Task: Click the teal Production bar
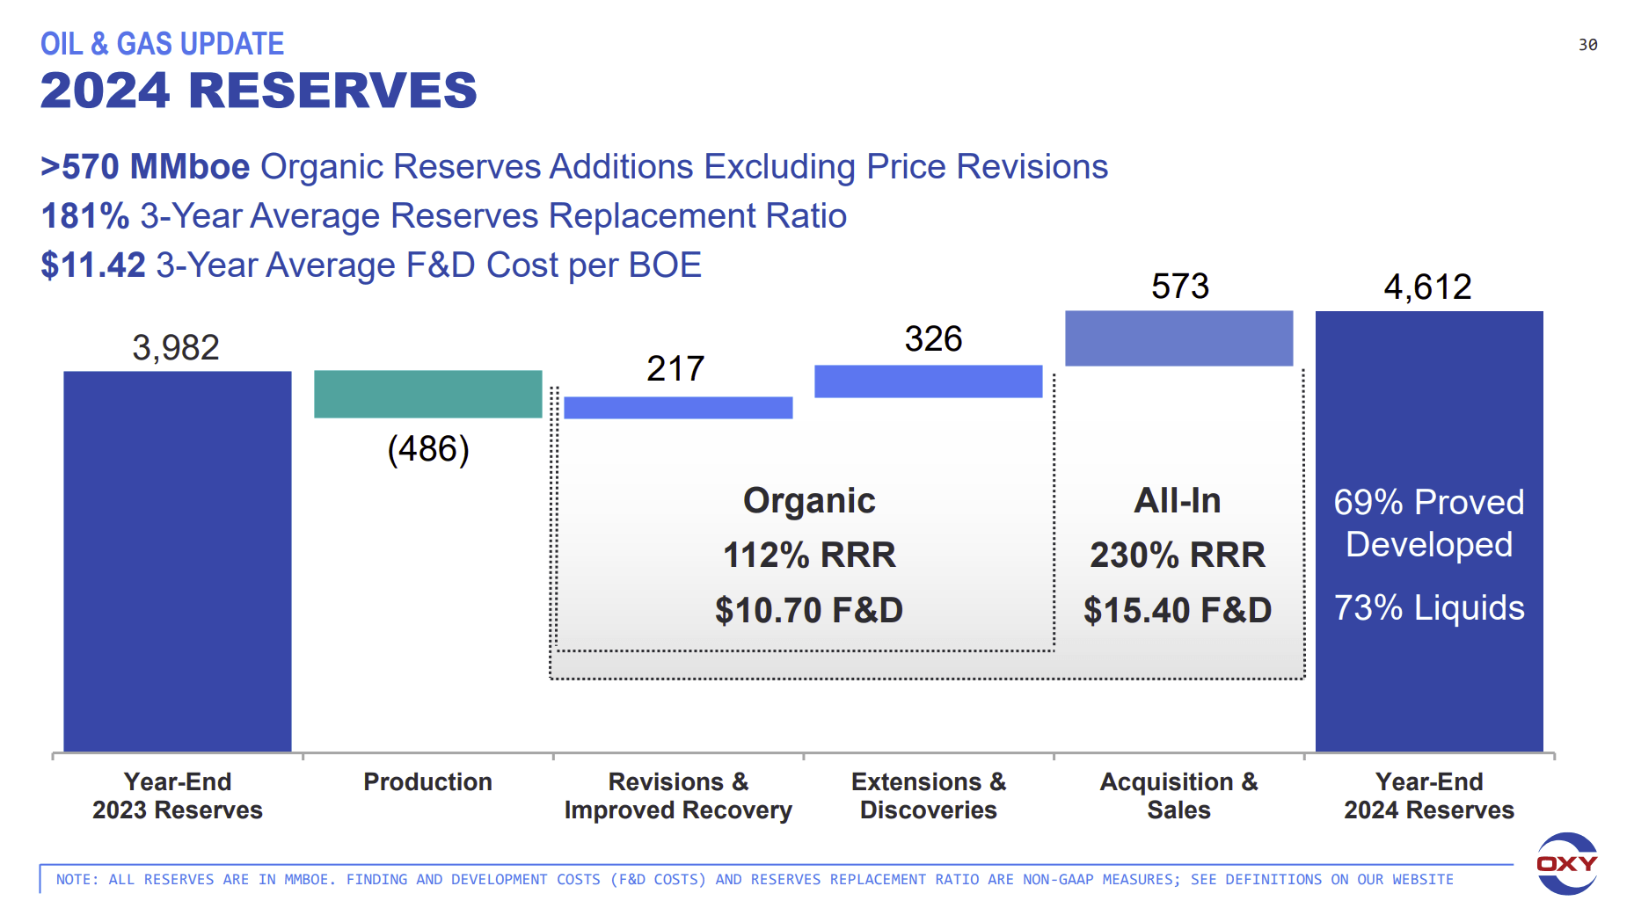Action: point(427,394)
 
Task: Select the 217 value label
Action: point(675,368)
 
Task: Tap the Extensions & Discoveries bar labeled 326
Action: point(928,381)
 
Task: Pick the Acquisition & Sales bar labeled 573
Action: point(1178,338)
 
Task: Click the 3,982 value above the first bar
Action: point(176,347)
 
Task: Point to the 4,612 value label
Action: point(1427,287)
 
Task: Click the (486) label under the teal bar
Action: point(428,449)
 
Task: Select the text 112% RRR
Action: point(809,555)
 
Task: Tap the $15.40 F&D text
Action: point(1178,610)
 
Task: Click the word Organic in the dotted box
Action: point(809,500)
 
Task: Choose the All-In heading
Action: point(1178,500)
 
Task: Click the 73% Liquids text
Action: point(1429,607)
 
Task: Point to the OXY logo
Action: point(1566,863)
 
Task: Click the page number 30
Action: point(1587,45)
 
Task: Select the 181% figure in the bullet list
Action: point(85,216)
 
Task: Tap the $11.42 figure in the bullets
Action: point(93,265)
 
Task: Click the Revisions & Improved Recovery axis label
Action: point(678,795)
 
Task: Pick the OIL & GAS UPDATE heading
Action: point(162,44)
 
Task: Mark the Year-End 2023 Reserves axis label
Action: point(178,795)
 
